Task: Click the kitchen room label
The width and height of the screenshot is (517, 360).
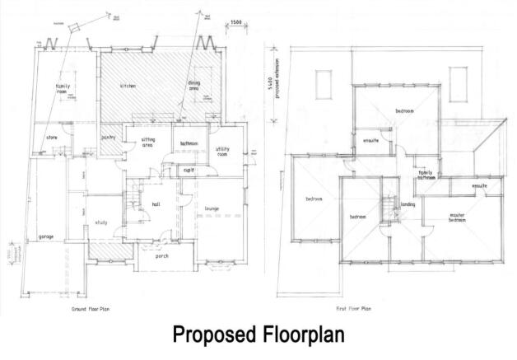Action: [x=127, y=86]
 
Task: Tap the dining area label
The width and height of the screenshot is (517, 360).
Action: [x=194, y=85]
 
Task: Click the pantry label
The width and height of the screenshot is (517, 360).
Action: [x=107, y=138]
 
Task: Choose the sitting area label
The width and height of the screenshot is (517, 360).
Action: [x=148, y=143]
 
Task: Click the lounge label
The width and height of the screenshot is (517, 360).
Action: [x=212, y=210]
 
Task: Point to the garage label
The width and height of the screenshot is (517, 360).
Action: [x=46, y=237]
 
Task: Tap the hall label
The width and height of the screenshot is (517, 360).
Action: [x=155, y=204]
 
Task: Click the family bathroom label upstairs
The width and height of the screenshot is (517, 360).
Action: [x=426, y=174]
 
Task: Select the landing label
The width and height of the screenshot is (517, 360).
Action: [x=407, y=205]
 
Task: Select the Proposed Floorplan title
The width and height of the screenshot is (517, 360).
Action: [x=258, y=337]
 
